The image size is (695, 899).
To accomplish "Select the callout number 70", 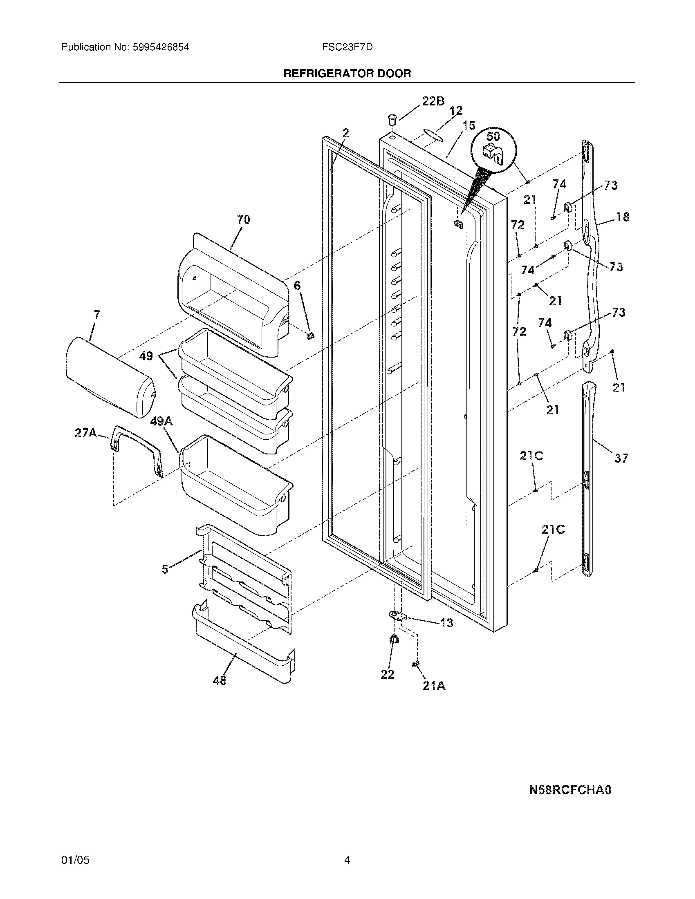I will coord(243,219).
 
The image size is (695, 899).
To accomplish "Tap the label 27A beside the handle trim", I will coord(85,433).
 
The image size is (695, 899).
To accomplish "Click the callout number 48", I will coord(220,680).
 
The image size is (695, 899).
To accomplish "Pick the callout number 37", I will coord(621,458).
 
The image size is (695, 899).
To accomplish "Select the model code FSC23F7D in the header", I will coord(347,47).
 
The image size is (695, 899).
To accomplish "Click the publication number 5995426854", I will coord(161,47).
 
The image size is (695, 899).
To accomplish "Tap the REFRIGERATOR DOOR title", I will coord(347,74).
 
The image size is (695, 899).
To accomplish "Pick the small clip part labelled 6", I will coord(310,335).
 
